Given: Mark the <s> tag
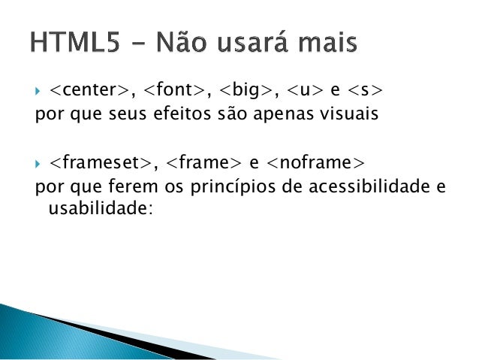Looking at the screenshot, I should [x=366, y=92].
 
